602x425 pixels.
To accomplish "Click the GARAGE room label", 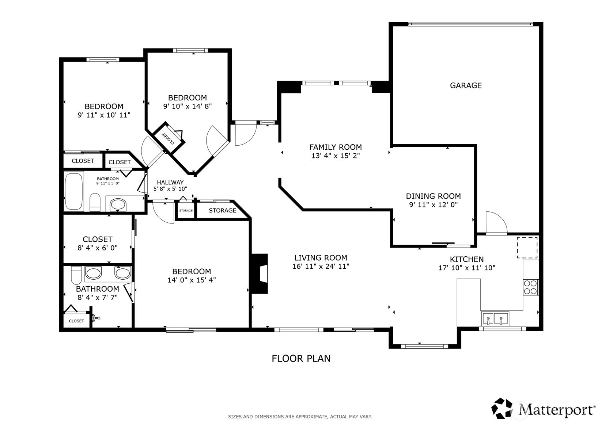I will (465, 85).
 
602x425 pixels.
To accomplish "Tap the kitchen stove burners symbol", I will (530, 287).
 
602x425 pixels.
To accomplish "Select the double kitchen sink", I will (495, 318).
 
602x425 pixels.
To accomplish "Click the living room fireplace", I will (260, 273).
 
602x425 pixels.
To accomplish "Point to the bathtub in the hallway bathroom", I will (73, 191).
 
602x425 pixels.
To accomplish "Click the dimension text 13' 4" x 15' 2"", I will (335, 156).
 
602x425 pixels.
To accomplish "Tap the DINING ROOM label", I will (433, 196).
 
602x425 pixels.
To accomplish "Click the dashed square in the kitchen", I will (527, 247).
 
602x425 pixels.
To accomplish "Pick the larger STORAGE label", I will (222, 211).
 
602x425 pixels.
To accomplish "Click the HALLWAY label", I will (170, 183).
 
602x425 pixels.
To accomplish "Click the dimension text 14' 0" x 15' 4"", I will (192, 280).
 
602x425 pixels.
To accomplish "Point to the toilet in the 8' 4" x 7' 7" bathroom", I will (76, 276).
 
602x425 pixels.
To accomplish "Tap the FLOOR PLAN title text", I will (301, 359).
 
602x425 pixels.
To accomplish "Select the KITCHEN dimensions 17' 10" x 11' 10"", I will (466, 268).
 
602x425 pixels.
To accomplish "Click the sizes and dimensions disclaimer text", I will (300, 417).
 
